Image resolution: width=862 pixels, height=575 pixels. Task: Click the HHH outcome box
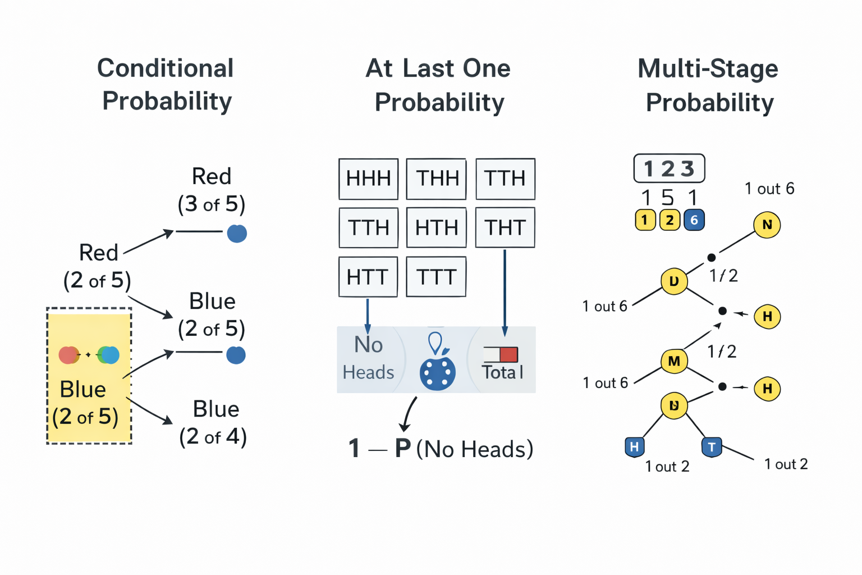(x=368, y=179)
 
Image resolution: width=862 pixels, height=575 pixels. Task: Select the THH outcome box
(x=436, y=179)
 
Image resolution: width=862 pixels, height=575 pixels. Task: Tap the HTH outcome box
(x=436, y=227)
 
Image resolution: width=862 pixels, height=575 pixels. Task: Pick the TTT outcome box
(x=436, y=277)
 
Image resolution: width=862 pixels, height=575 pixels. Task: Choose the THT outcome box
(x=505, y=227)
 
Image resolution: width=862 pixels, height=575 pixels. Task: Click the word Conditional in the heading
(x=165, y=69)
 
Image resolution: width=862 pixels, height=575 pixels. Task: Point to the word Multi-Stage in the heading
(x=708, y=69)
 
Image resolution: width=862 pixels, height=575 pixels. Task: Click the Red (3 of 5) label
(x=212, y=190)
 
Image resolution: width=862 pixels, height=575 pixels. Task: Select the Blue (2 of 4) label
(x=214, y=423)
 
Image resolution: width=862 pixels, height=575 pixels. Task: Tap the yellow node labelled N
(x=767, y=225)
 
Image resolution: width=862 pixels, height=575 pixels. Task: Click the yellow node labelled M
(x=674, y=361)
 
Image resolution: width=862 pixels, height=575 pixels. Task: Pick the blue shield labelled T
(x=712, y=447)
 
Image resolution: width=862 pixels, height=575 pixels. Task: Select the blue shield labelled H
(x=634, y=447)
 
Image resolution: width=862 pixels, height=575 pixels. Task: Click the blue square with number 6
(x=694, y=220)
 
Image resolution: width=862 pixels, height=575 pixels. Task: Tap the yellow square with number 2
(x=670, y=220)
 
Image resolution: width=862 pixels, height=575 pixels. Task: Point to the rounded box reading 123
(x=669, y=168)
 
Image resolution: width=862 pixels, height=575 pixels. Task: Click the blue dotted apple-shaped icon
(x=437, y=371)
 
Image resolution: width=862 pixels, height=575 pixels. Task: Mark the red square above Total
(x=508, y=354)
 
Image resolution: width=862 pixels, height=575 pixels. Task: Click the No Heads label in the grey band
(x=368, y=358)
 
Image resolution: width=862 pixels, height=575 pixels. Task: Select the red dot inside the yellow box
(x=68, y=355)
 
